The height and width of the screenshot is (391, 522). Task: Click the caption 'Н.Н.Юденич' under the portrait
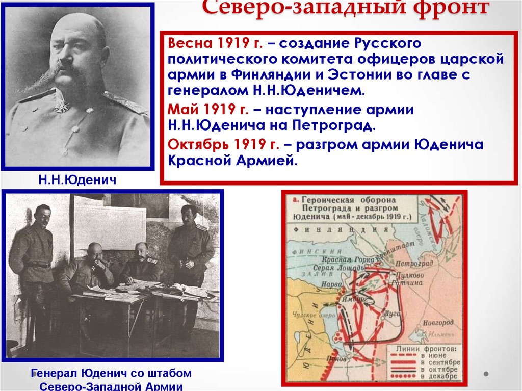click(76, 179)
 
